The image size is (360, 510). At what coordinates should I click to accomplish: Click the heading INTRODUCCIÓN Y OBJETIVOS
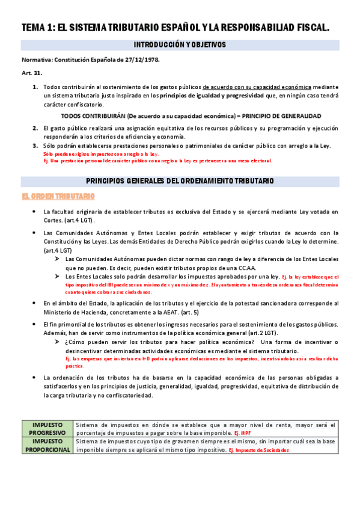click(180, 45)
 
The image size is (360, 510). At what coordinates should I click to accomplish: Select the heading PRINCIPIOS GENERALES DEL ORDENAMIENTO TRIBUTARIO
click(180, 180)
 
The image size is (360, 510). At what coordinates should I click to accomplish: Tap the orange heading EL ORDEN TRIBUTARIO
click(58, 196)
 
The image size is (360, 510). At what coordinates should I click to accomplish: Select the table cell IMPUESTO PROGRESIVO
click(47, 428)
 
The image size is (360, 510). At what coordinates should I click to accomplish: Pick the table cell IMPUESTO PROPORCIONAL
click(47, 445)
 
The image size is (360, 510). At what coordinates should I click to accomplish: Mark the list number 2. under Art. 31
click(35, 128)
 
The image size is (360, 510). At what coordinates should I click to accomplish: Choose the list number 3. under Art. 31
click(35, 146)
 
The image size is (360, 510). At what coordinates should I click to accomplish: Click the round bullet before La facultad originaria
click(36, 212)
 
